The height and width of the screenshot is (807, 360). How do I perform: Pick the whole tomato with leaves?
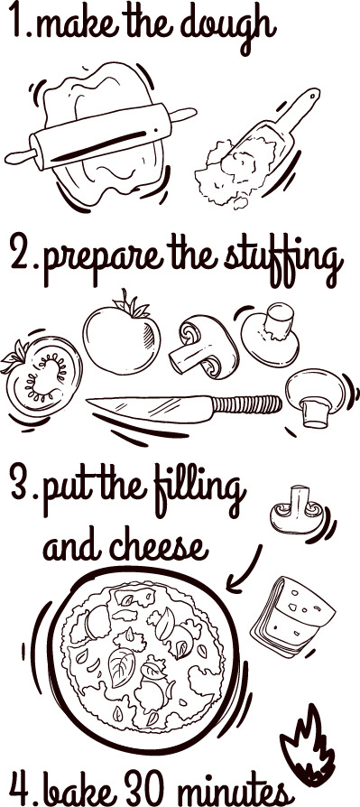(x=122, y=334)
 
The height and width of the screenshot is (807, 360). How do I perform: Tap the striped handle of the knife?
(x=247, y=404)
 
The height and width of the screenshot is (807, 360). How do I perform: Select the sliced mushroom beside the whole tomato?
(x=203, y=344)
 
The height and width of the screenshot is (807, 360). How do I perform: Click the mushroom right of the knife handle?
(x=315, y=396)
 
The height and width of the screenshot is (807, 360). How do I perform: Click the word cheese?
(x=159, y=547)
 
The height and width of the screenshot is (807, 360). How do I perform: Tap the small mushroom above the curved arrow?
(x=297, y=510)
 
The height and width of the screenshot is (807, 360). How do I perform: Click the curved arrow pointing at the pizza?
(x=245, y=570)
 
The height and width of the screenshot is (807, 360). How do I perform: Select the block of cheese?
(x=293, y=615)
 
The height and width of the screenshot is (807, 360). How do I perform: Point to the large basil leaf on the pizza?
(x=123, y=666)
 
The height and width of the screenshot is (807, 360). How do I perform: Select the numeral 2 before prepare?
(x=21, y=257)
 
